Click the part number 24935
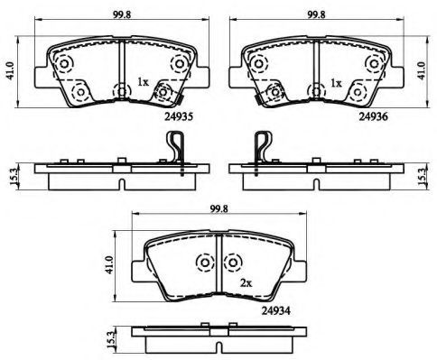click(178, 116)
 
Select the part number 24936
click(373, 116)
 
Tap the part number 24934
click(275, 310)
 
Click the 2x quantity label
click(246, 282)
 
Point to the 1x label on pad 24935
click(143, 82)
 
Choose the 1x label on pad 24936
click(336, 83)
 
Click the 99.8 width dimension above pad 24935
click(122, 14)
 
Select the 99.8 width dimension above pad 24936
click(317, 14)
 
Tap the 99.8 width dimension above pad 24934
click(219, 208)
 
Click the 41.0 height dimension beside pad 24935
click(11, 71)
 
